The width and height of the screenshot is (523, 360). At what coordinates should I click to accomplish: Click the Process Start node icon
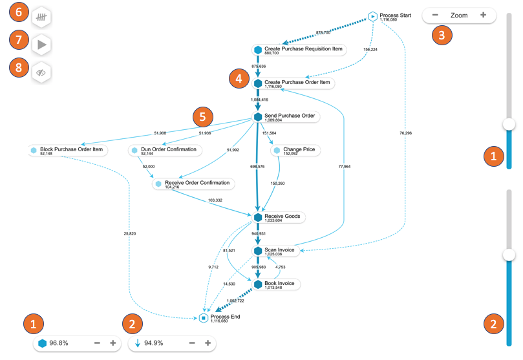(x=373, y=16)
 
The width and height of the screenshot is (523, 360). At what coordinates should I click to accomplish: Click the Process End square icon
(x=204, y=318)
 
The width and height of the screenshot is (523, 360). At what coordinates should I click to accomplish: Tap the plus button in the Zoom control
(x=483, y=15)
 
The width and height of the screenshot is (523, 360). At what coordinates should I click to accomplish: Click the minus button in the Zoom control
(x=435, y=15)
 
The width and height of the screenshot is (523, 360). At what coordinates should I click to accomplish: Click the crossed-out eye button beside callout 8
(x=41, y=72)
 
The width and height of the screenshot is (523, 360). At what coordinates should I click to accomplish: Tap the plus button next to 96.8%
(x=113, y=343)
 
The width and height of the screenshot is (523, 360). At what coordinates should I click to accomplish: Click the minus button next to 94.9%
(x=192, y=343)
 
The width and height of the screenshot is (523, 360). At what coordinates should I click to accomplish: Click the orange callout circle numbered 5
(x=203, y=116)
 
